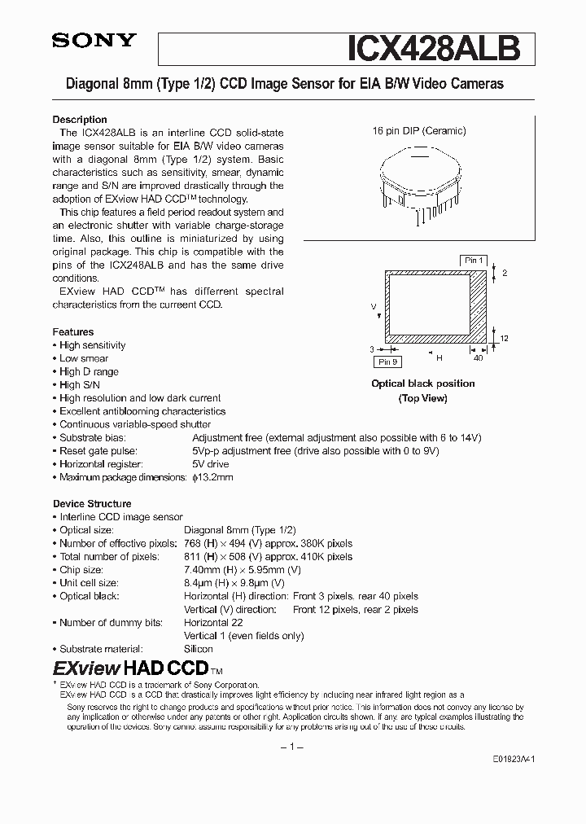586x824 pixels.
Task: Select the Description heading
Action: [80, 120]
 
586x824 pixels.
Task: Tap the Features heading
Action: [73, 332]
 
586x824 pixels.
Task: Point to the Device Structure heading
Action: [92, 504]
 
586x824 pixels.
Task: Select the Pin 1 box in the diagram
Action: [473, 261]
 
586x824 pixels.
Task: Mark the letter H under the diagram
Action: [439, 357]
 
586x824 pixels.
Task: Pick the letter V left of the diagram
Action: [374, 307]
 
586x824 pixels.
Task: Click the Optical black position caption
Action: [422, 384]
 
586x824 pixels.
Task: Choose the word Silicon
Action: [199, 649]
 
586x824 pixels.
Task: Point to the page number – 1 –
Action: [292, 747]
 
